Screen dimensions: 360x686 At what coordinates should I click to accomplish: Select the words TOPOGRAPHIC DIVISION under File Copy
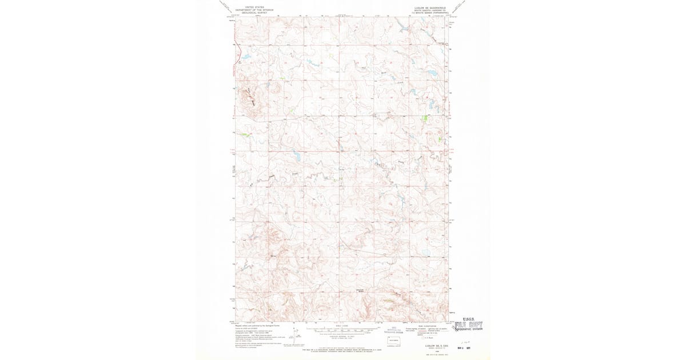pyautogui.click(x=468, y=329)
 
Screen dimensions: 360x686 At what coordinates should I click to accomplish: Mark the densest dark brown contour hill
pyautogui.click(x=250, y=98)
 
